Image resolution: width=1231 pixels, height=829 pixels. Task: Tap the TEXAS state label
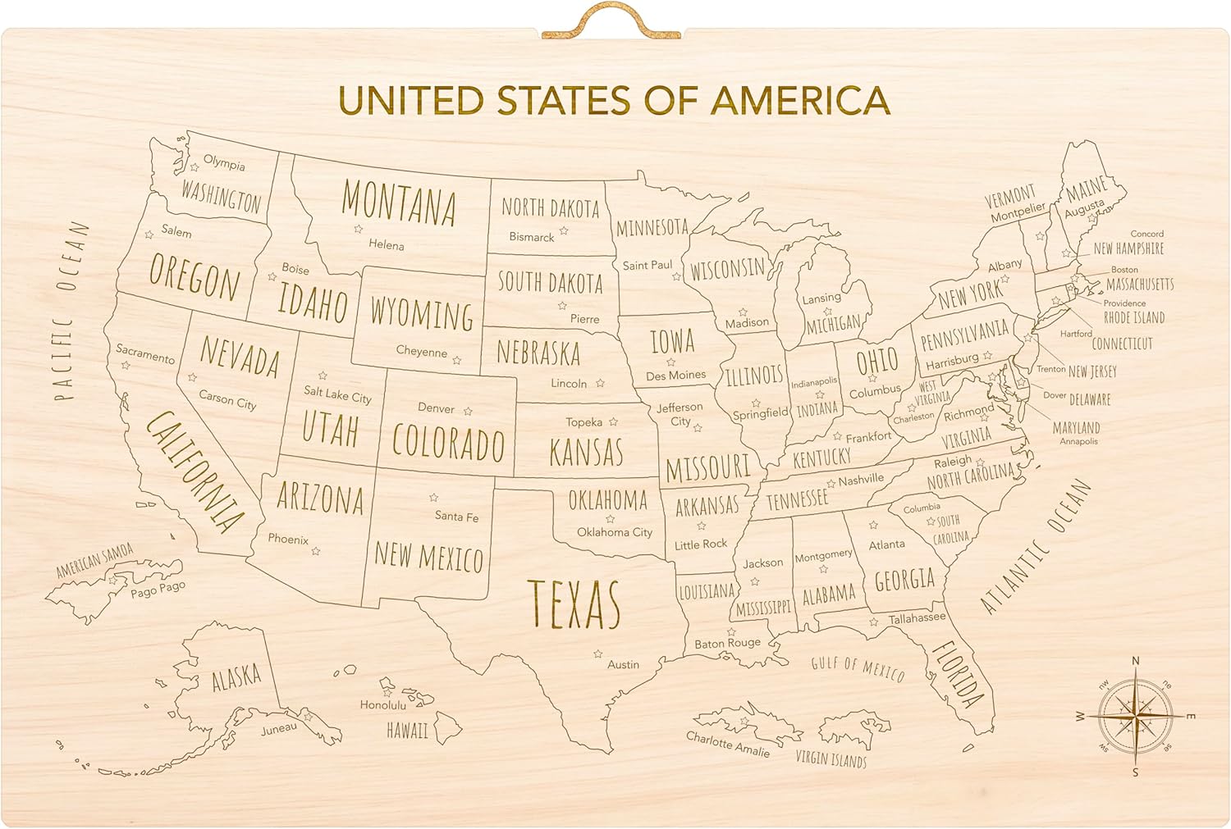[574, 605]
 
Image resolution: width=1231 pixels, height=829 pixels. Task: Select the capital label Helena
[386, 244]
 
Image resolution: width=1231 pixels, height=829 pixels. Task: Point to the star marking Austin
[598, 654]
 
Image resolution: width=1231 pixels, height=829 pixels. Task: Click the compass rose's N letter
[1136, 661]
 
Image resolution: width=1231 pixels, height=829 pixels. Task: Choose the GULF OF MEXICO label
[858, 669]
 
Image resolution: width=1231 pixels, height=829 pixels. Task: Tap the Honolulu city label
[382, 704]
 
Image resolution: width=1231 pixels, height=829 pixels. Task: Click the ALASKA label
[236, 678]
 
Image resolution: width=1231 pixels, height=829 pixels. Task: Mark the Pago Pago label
[158, 590]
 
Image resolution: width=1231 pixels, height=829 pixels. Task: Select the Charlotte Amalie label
[728, 744]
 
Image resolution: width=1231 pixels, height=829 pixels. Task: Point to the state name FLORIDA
[957, 674]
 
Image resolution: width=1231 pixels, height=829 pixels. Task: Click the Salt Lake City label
[337, 395]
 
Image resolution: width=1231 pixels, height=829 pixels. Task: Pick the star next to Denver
[468, 411]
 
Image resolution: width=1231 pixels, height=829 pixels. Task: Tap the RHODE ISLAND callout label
[1133, 317]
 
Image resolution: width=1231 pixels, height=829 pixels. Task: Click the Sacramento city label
[144, 353]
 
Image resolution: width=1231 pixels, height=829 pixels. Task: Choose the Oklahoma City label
[614, 532]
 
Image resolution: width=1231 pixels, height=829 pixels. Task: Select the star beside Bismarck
[564, 231]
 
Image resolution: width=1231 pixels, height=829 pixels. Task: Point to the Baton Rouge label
[727, 644]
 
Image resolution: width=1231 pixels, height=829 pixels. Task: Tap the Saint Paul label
[647, 265]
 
